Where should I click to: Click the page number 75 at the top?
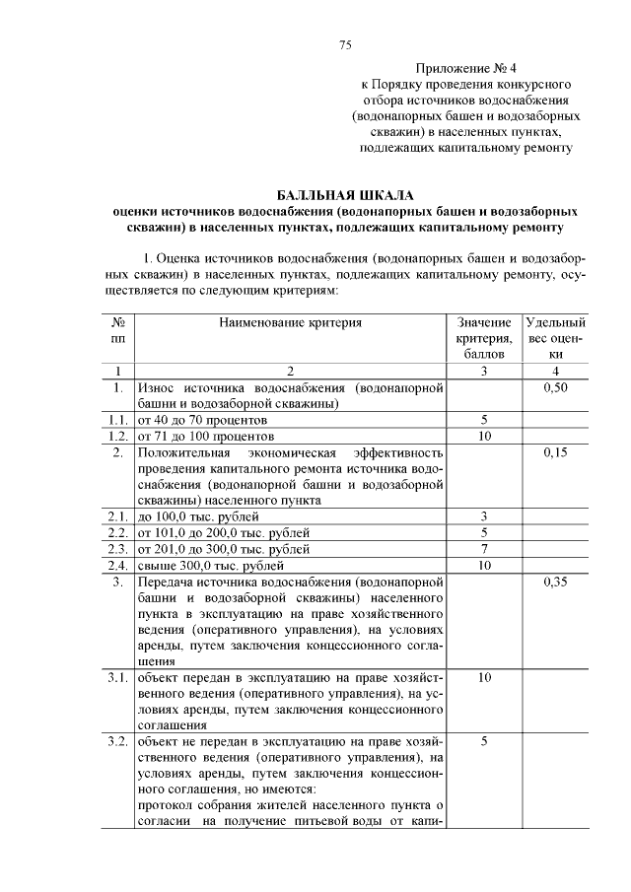tap(345, 45)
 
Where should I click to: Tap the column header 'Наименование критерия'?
tap(290, 322)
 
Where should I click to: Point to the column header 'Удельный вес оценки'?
tap(556, 337)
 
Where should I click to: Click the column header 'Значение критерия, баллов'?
tap(484, 337)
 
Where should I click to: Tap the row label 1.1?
tap(118, 420)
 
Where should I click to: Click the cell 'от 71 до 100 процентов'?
tap(207, 436)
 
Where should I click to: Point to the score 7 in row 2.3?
tap(484, 549)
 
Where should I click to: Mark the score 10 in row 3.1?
tap(484, 678)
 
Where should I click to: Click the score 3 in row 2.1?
tap(484, 516)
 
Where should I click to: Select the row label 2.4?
tap(118, 565)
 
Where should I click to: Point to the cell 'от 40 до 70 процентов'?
tap(203, 420)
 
